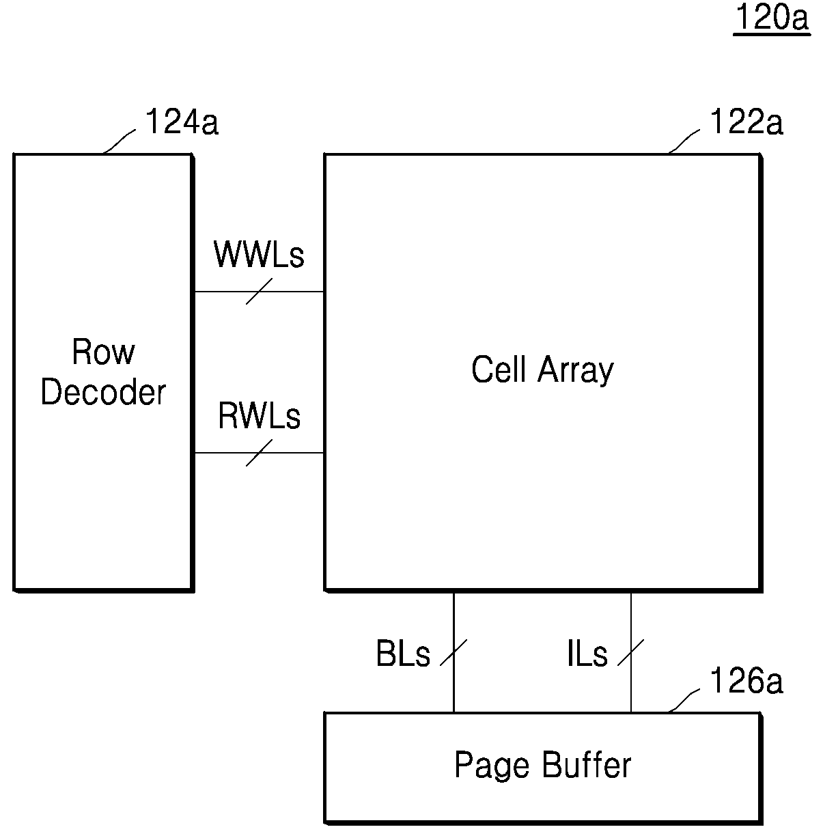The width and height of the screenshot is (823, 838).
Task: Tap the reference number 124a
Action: [x=182, y=122]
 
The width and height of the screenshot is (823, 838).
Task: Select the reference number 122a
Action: [x=746, y=122]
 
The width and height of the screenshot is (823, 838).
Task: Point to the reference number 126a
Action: [x=746, y=680]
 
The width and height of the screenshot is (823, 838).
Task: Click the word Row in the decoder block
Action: [x=104, y=351]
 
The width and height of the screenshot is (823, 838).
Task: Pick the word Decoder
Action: [x=103, y=392]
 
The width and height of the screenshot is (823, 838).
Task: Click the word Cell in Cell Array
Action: [x=499, y=369]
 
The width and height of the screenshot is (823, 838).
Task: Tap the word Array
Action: [x=576, y=371]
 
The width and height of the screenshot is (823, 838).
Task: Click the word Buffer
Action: [x=587, y=764]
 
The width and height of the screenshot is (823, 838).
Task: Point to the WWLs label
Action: [x=259, y=254]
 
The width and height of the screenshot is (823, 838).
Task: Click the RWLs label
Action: [x=260, y=416]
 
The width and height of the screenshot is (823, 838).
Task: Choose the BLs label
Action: [x=403, y=653]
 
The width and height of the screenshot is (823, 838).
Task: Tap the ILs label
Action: [x=587, y=653]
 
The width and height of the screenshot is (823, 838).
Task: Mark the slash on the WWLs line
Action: [x=260, y=292]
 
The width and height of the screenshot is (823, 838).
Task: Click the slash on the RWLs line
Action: [x=260, y=453]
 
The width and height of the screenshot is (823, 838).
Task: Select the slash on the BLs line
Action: [x=454, y=652]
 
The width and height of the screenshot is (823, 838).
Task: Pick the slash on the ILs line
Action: [x=630, y=652]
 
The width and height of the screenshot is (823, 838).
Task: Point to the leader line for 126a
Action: [x=684, y=701]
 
